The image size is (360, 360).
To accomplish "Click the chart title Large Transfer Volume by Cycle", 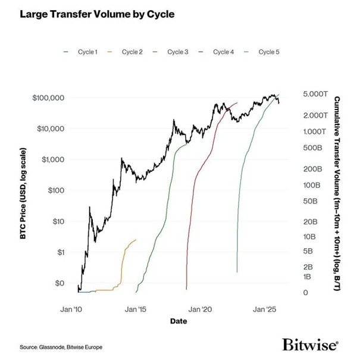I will [98, 13].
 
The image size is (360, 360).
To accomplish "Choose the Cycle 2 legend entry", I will [127, 52].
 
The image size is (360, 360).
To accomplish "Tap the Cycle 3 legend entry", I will [173, 52].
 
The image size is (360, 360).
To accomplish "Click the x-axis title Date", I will [177, 321].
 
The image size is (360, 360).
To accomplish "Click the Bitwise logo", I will [310, 345].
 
